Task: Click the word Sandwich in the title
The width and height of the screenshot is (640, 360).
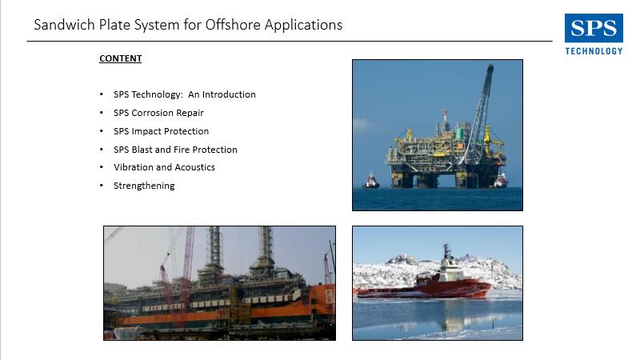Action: (x=65, y=25)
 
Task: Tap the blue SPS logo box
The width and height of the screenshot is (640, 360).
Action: (x=594, y=28)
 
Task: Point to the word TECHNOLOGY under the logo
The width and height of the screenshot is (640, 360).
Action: (x=594, y=51)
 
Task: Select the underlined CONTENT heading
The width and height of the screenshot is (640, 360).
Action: (x=121, y=58)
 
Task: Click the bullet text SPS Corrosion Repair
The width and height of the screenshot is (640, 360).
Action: (x=158, y=113)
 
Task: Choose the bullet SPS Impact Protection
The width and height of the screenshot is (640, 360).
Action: (x=162, y=131)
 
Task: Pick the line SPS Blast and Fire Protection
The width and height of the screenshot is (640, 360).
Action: (x=175, y=150)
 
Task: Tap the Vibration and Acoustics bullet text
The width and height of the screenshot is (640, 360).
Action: (x=164, y=167)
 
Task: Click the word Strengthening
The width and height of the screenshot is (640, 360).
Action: (x=144, y=186)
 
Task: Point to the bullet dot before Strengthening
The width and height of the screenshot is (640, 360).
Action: (x=102, y=186)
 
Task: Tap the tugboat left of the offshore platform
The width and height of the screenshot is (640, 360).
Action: (x=370, y=181)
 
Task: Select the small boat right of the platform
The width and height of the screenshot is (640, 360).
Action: (x=501, y=181)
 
